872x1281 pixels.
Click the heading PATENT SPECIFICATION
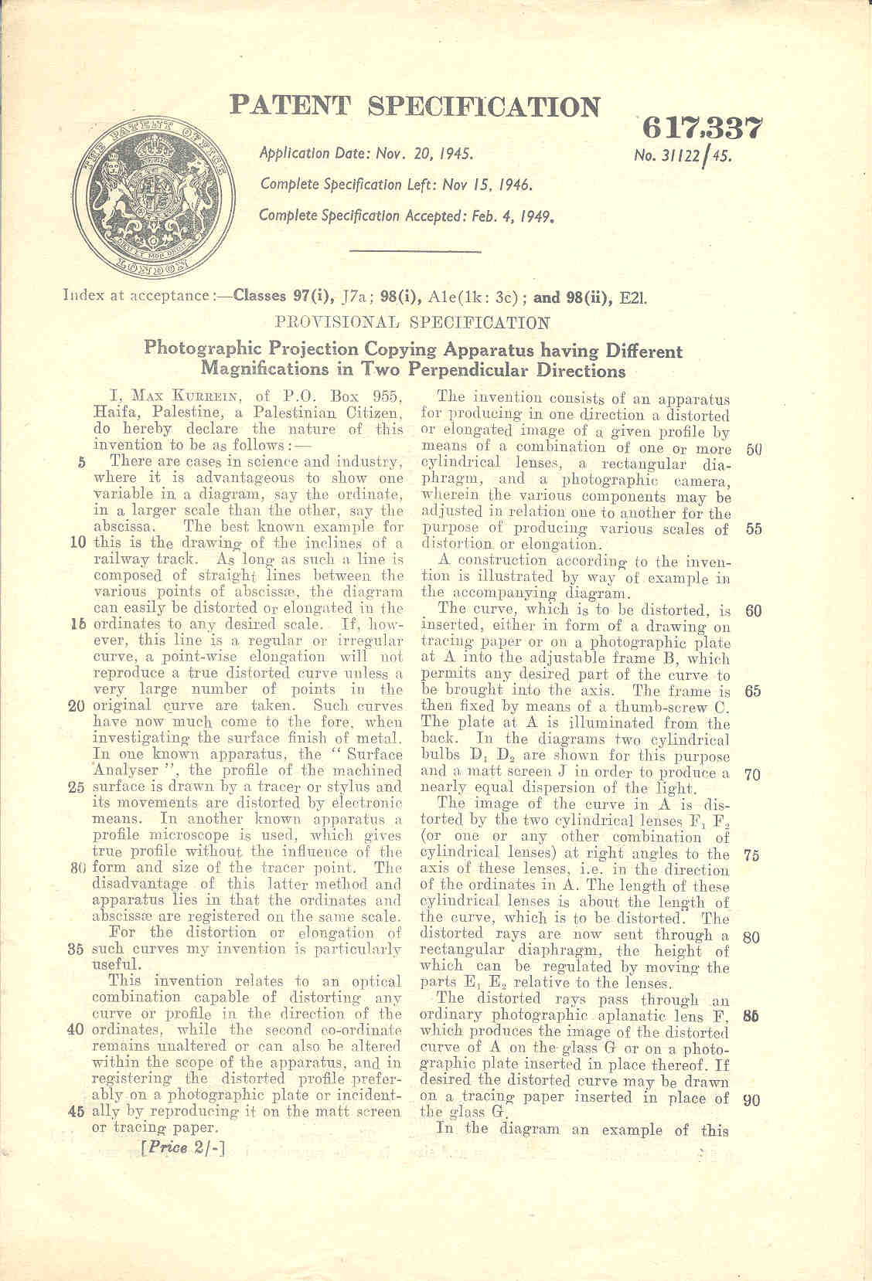(x=415, y=107)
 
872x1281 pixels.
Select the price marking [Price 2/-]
(x=183, y=1148)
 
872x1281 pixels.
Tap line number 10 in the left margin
(x=77, y=542)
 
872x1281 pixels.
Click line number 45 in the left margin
(x=76, y=1113)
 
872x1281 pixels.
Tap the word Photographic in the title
(x=201, y=349)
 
